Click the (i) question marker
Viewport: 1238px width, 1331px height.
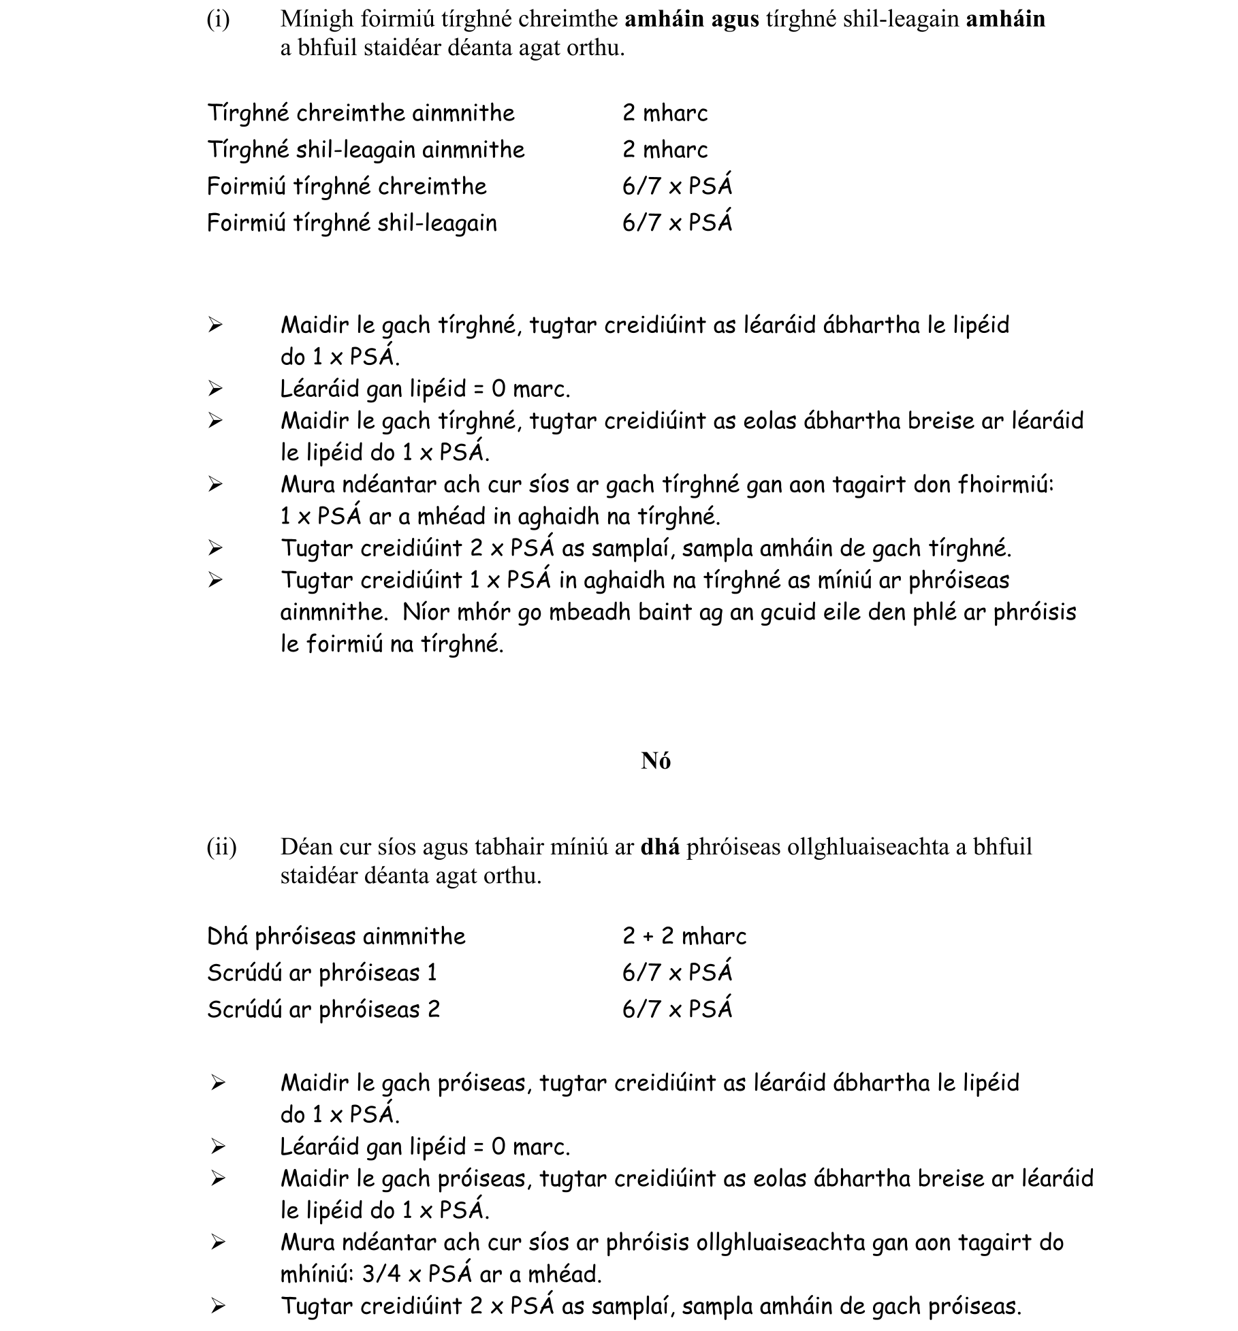click(x=218, y=20)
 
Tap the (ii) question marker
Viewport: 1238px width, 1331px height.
click(x=221, y=847)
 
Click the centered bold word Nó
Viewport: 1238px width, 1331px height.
click(x=656, y=761)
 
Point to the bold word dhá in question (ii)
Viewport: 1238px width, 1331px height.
click(x=660, y=847)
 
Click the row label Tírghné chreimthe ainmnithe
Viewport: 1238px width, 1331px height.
click(x=361, y=113)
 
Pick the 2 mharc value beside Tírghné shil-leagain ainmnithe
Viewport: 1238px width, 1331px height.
click(x=665, y=150)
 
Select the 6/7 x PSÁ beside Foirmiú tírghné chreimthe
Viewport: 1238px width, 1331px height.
click(x=677, y=186)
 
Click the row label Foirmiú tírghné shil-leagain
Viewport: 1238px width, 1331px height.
click(x=352, y=223)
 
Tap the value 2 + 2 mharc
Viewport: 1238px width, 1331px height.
click(x=684, y=936)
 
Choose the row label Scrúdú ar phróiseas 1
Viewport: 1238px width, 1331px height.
click(x=322, y=973)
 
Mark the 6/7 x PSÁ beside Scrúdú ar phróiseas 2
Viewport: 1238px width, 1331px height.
click(x=677, y=1009)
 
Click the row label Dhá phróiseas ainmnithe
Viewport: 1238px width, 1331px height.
click(x=336, y=937)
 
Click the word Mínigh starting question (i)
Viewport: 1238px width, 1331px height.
click(x=317, y=20)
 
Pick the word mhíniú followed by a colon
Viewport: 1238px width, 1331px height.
click(x=317, y=1274)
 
